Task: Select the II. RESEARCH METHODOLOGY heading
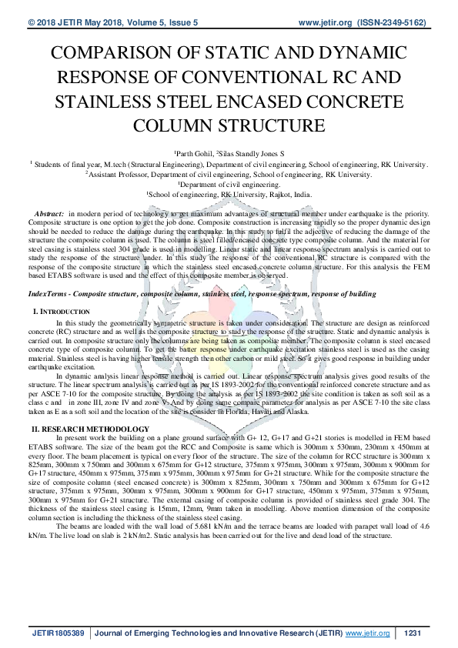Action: click(x=90, y=428)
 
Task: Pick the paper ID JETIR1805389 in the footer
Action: click(x=59, y=633)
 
